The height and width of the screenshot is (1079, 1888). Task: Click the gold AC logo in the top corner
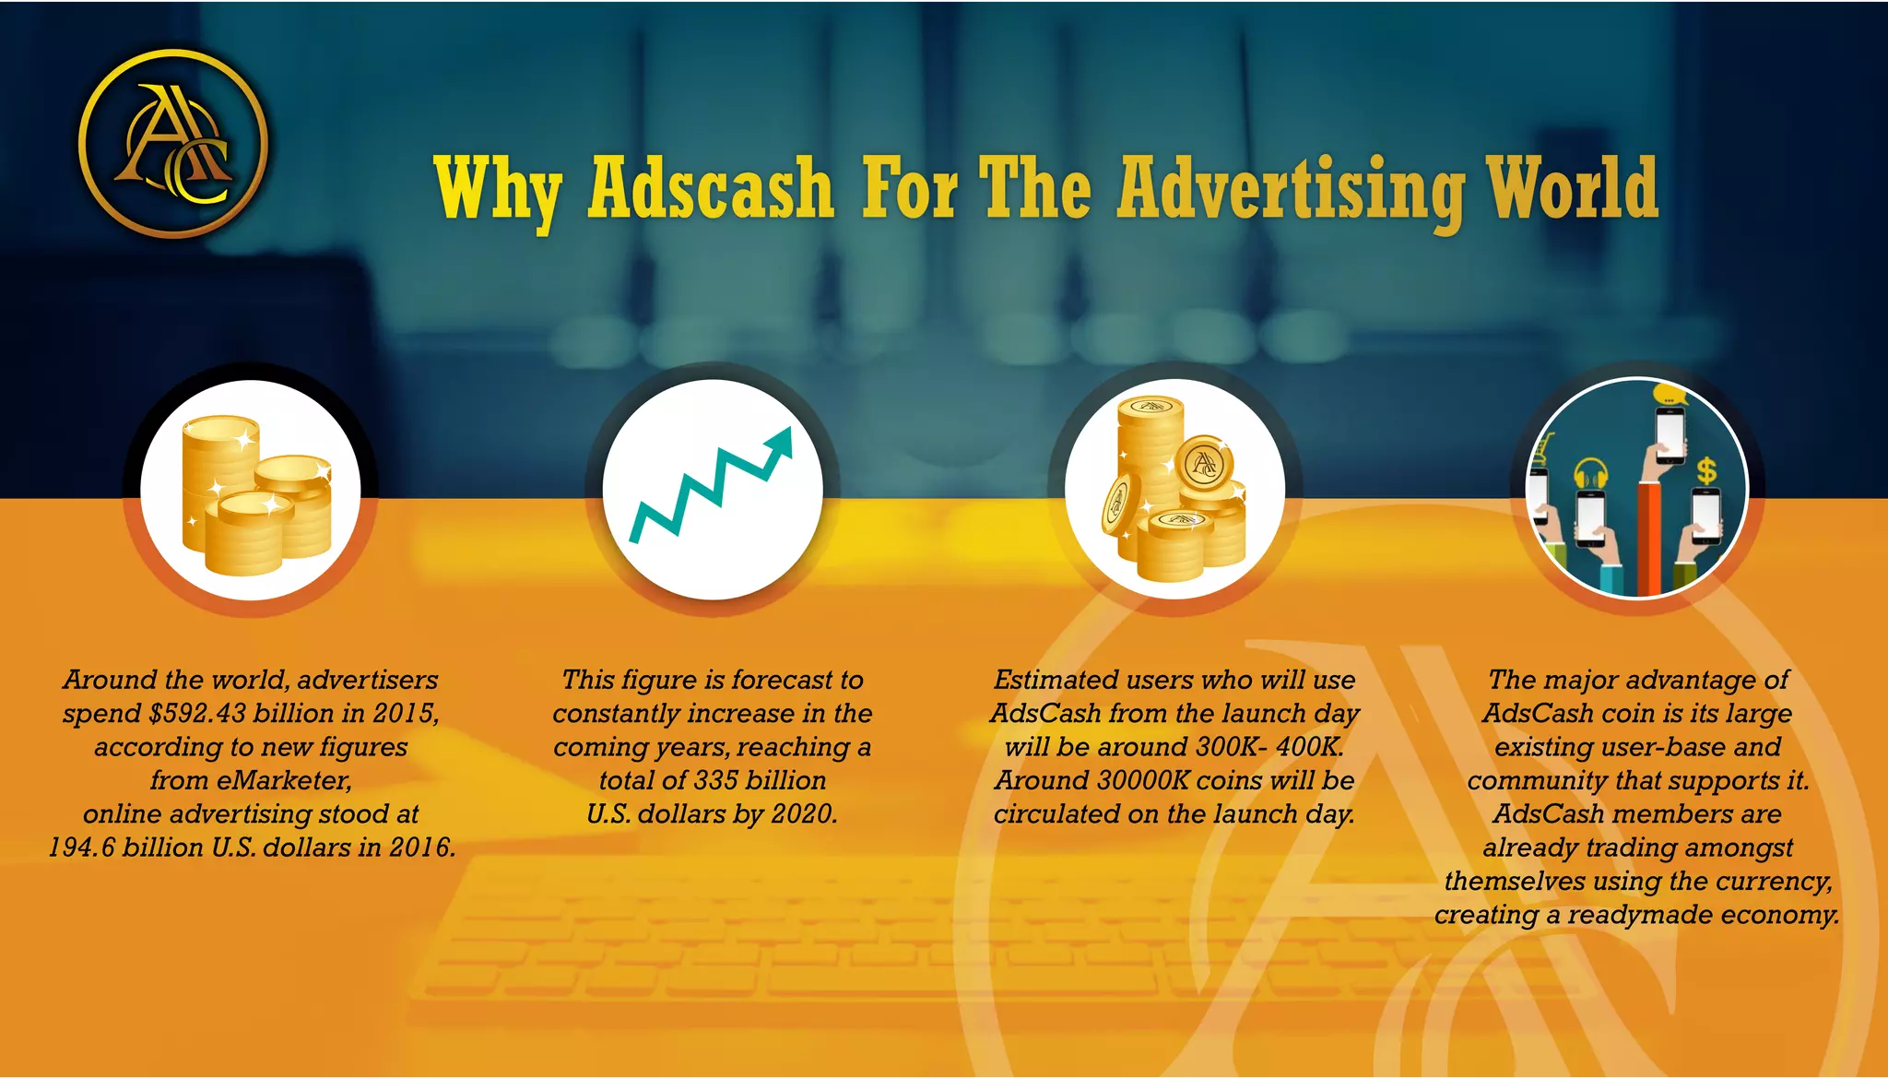173,144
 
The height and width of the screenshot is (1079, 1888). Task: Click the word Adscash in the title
711,189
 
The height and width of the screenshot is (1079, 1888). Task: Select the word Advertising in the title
1291,189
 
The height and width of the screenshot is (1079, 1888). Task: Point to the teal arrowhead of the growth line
780,444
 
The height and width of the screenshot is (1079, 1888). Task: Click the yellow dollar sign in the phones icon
1706,471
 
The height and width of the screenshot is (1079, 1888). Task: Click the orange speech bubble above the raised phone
1670,396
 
